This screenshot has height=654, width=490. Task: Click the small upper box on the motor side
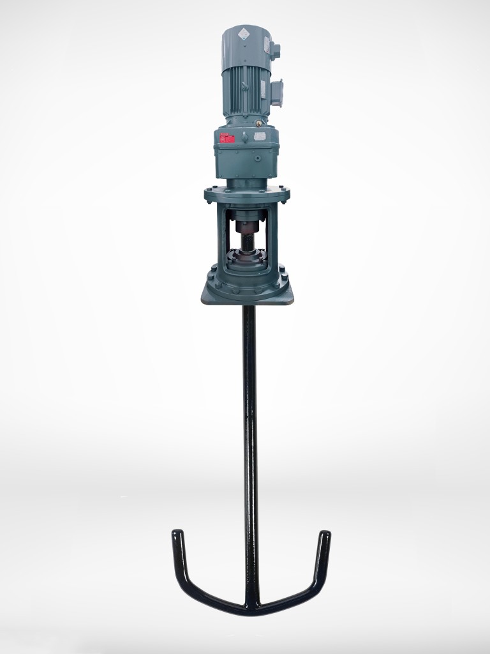(276, 49)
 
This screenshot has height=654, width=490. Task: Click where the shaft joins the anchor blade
(251, 604)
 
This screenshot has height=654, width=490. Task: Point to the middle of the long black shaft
(249, 447)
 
